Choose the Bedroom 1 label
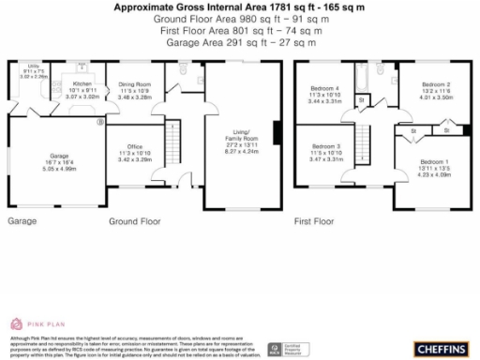click(x=433, y=162)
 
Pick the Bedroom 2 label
click(x=435, y=84)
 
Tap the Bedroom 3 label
click(x=326, y=147)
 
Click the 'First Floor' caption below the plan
click(x=314, y=222)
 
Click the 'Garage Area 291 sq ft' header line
click(x=240, y=42)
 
